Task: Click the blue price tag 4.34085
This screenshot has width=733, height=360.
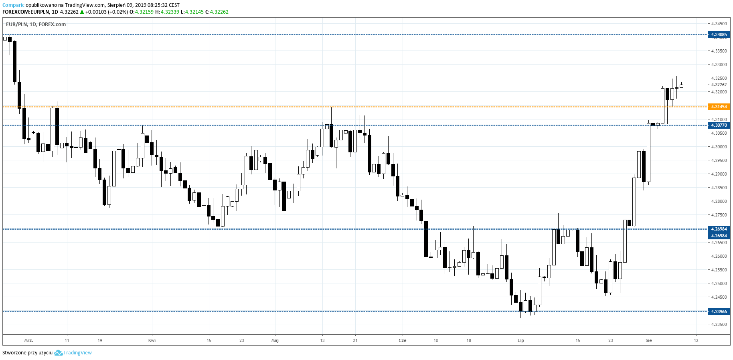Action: [x=719, y=35]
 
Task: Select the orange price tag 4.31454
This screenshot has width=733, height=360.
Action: [x=719, y=107]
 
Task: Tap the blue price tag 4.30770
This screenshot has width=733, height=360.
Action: [x=719, y=125]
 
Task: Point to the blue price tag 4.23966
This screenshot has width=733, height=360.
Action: [x=719, y=311]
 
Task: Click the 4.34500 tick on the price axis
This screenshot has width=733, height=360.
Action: [x=719, y=24]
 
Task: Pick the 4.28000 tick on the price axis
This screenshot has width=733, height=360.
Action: [x=719, y=201]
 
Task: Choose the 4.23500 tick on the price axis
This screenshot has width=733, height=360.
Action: [x=719, y=324]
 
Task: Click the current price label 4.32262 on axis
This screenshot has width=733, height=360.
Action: [x=719, y=85]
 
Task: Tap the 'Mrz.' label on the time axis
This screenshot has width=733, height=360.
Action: [x=28, y=340]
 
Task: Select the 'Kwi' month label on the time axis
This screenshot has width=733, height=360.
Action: [x=152, y=340]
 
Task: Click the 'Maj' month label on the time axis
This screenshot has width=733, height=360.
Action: [x=275, y=340]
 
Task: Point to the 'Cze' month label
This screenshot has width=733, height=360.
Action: [x=402, y=340]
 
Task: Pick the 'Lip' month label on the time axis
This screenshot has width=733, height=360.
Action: [x=520, y=340]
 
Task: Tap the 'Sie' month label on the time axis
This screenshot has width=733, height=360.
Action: [x=648, y=340]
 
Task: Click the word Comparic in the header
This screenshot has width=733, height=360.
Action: [x=13, y=5]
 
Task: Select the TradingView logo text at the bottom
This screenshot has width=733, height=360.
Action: [x=77, y=353]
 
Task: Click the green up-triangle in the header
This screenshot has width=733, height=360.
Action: [x=82, y=12]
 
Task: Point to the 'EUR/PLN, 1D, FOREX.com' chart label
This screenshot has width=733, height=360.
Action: [x=36, y=24]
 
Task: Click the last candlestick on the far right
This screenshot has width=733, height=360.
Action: [x=681, y=86]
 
